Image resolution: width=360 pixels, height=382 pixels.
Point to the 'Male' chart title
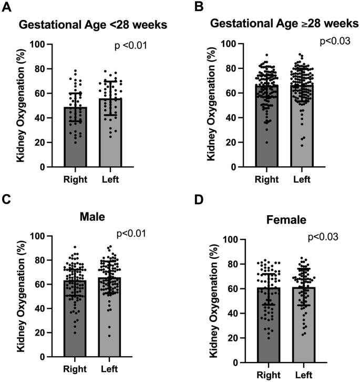tap(90, 215)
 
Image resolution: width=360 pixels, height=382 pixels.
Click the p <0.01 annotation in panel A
tap(130, 46)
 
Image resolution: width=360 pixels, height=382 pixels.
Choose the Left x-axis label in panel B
tap(302, 179)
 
